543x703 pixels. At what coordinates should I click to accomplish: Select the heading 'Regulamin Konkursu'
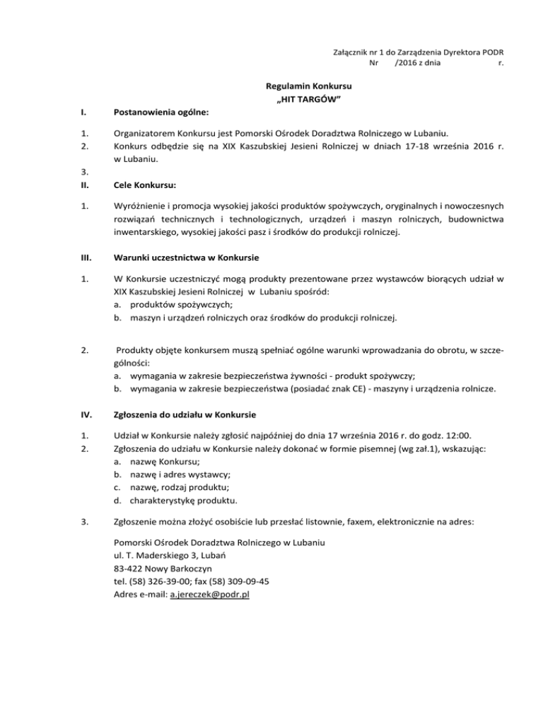[x=310, y=86]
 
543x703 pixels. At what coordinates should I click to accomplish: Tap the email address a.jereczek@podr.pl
[x=210, y=595]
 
